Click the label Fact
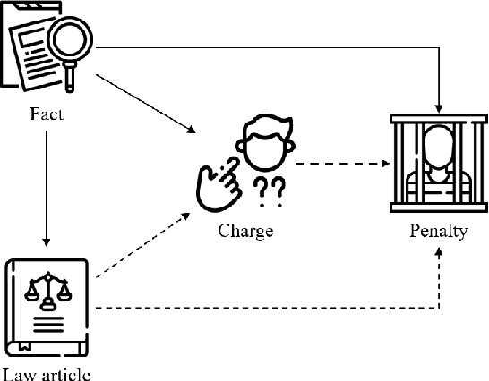(45, 114)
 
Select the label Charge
(244, 231)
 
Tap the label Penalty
(438, 231)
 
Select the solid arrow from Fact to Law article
(45, 188)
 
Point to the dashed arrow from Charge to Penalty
(340, 163)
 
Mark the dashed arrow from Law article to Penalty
(269, 308)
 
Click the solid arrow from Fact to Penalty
(269, 47)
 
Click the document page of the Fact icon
(32, 54)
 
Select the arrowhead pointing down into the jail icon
(438, 104)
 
